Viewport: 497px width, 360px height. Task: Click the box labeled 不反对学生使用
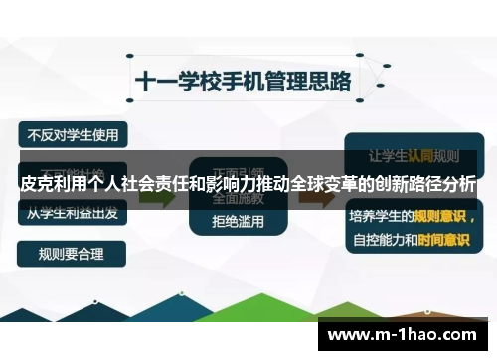[x=73, y=133]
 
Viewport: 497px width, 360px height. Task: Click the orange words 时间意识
[x=443, y=239]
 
